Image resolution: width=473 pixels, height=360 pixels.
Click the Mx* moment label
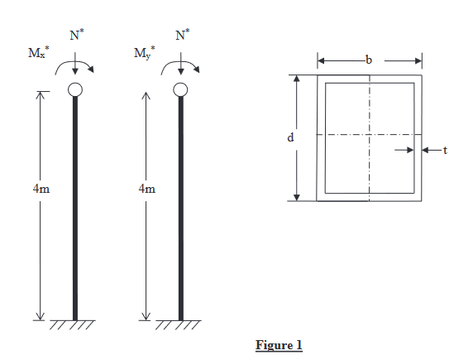[x=39, y=55]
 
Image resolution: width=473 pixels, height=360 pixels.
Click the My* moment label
[x=145, y=55]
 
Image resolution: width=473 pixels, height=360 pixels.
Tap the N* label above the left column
[x=75, y=36]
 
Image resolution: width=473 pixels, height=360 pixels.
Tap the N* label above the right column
[x=181, y=36]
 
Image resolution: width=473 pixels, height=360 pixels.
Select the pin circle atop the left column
[x=75, y=89]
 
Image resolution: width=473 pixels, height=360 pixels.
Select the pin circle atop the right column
[x=181, y=89]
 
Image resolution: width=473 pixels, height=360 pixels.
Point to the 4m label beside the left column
[x=41, y=189]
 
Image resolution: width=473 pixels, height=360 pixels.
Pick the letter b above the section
[x=369, y=60]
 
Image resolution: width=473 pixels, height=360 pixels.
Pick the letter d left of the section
[x=290, y=137]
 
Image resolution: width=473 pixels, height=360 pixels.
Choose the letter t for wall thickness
[x=445, y=151]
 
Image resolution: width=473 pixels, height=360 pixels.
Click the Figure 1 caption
[x=279, y=344]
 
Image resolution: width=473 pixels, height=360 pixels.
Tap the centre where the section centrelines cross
[x=369, y=135]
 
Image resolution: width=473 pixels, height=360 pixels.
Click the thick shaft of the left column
[x=75, y=207]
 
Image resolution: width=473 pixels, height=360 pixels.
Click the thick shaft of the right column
[x=181, y=207]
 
